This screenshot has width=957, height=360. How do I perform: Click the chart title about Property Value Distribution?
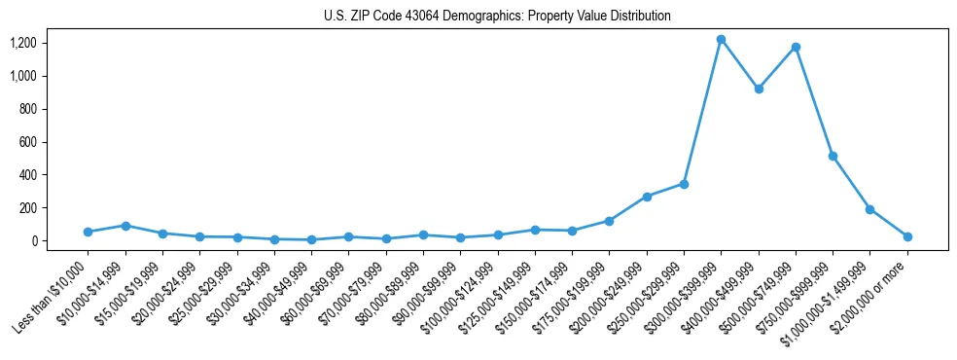click(x=497, y=17)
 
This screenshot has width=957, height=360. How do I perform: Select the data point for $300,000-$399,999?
click(x=721, y=40)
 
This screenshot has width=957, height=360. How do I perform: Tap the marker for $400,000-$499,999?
click(x=759, y=89)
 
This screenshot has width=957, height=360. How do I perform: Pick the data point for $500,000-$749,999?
click(x=796, y=47)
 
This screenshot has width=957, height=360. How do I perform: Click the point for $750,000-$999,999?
click(x=833, y=156)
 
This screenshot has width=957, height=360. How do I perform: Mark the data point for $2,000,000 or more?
click(x=907, y=236)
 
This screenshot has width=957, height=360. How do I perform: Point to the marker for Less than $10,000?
click(x=88, y=232)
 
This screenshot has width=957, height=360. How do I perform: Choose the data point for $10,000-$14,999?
click(x=125, y=226)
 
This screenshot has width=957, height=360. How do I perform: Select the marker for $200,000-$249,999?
click(x=647, y=197)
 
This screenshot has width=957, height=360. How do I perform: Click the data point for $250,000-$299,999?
click(x=684, y=184)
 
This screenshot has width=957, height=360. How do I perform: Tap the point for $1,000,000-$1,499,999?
click(x=869, y=209)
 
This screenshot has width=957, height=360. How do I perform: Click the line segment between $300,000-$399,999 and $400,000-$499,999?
click(x=739, y=64)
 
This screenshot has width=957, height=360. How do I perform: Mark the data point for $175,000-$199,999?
click(x=609, y=221)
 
